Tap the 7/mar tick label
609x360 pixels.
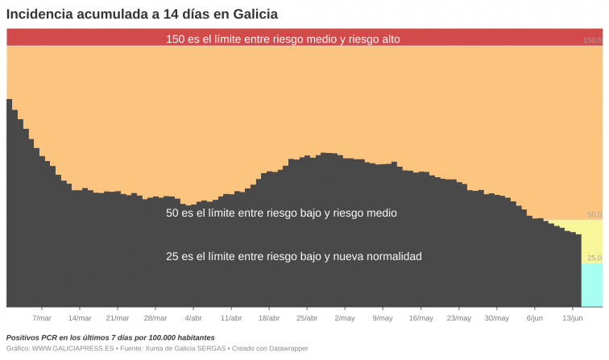[x=42, y=318]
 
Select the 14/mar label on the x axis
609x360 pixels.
[x=80, y=318]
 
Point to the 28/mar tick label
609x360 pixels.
[x=155, y=318]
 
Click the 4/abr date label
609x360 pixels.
[x=193, y=318]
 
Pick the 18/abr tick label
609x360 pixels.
[x=269, y=318]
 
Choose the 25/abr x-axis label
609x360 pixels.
[x=307, y=318]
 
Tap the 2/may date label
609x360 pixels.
[x=345, y=318]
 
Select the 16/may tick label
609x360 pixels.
[x=420, y=318]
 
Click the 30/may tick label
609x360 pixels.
[x=496, y=318]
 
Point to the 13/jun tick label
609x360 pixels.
[x=572, y=318]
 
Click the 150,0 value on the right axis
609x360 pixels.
[x=592, y=40]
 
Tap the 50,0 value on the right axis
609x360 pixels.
[x=594, y=214]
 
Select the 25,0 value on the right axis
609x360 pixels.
[x=594, y=258]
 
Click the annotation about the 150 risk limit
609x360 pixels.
[x=283, y=39]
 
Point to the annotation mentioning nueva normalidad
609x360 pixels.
[x=293, y=256]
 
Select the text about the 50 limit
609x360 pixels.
[x=281, y=213]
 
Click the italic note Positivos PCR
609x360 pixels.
[x=110, y=337]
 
